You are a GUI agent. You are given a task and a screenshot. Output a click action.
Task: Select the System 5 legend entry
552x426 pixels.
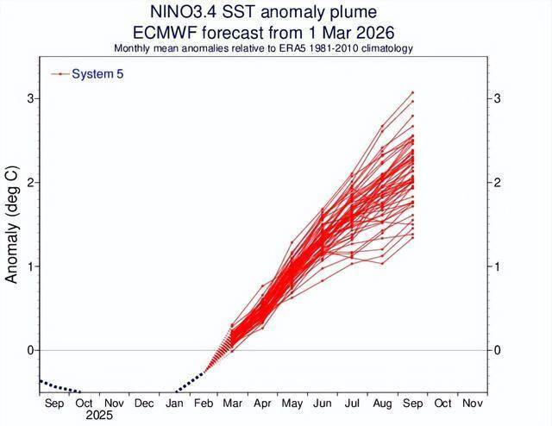[x=97, y=74]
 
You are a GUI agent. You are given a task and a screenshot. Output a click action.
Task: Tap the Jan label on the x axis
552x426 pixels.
[x=173, y=403]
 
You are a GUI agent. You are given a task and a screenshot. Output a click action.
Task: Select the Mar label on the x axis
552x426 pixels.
[x=233, y=403]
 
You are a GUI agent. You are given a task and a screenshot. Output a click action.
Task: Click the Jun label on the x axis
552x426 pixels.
[x=323, y=403]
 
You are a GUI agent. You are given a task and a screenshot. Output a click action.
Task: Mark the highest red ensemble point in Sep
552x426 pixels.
[x=412, y=92]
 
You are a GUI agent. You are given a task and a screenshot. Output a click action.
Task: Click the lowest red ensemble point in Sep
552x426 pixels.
[x=412, y=237]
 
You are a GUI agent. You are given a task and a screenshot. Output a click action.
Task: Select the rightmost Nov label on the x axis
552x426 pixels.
[x=472, y=403]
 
